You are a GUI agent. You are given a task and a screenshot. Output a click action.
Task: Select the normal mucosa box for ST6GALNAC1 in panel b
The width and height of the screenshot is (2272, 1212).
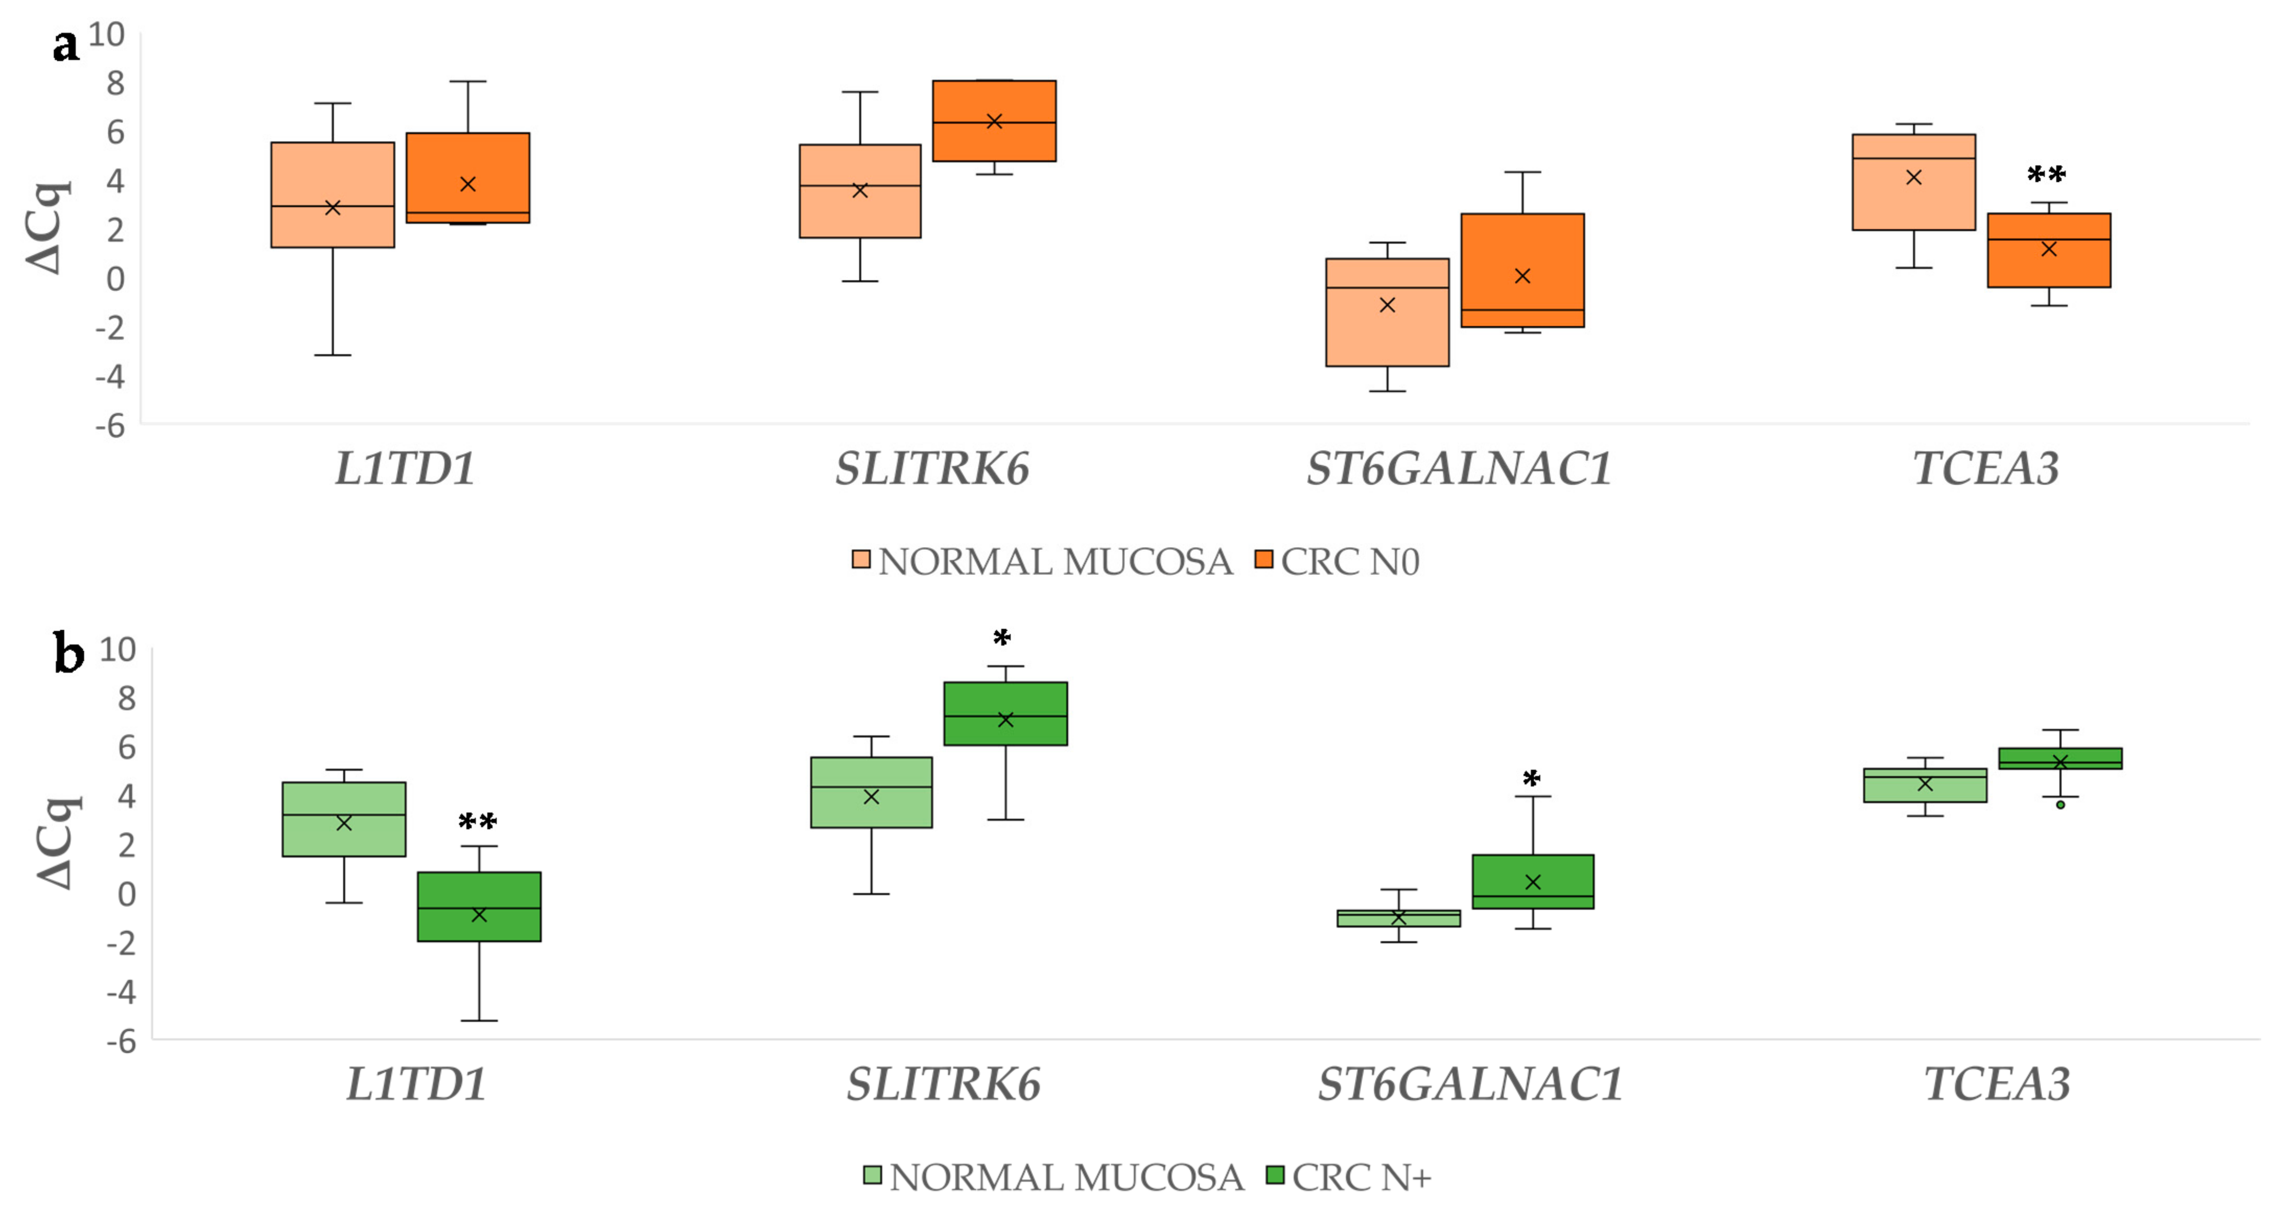[1398, 918]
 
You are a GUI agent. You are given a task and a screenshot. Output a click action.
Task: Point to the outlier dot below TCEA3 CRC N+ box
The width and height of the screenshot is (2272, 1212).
[2060, 805]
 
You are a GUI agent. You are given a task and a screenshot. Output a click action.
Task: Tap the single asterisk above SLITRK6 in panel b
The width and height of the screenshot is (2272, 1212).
[1002, 638]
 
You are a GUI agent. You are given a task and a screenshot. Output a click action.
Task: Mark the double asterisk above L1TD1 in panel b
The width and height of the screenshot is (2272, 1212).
[477, 822]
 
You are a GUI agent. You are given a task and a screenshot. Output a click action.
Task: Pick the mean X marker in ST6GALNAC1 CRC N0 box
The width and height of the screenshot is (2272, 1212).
[1523, 276]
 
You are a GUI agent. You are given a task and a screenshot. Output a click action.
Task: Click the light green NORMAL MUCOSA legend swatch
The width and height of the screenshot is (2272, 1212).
[872, 1175]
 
